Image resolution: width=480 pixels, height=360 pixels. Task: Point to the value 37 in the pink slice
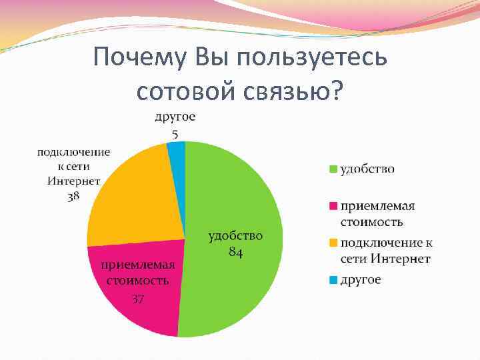pos(137,298)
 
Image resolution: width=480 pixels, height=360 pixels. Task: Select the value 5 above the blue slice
pos(175,134)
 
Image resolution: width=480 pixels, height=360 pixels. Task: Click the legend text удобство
pos(367,169)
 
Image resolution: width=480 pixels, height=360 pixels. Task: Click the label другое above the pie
pos(175,117)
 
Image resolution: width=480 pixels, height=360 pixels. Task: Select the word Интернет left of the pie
pos(73,181)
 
